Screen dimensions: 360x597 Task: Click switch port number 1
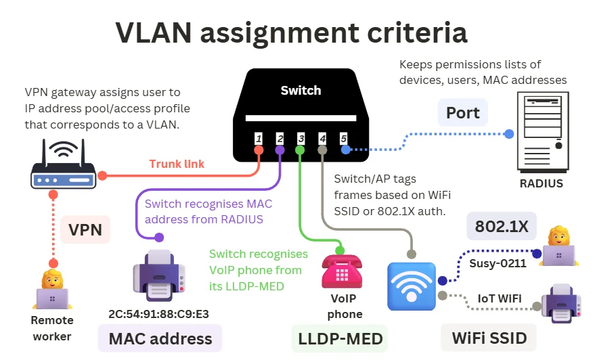pos(259,139)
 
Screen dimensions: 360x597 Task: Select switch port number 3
pos(301,139)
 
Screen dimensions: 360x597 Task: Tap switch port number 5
pos(343,139)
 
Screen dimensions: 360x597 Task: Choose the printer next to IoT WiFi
pos(562,304)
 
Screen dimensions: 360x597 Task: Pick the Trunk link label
pos(176,164)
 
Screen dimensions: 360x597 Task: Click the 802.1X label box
pos(502,227)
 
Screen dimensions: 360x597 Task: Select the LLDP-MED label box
pos(340,338)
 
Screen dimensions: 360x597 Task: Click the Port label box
pos(463,112)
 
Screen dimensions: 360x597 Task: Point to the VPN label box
pos(85,229)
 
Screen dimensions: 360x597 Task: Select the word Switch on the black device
pos(301,90)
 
